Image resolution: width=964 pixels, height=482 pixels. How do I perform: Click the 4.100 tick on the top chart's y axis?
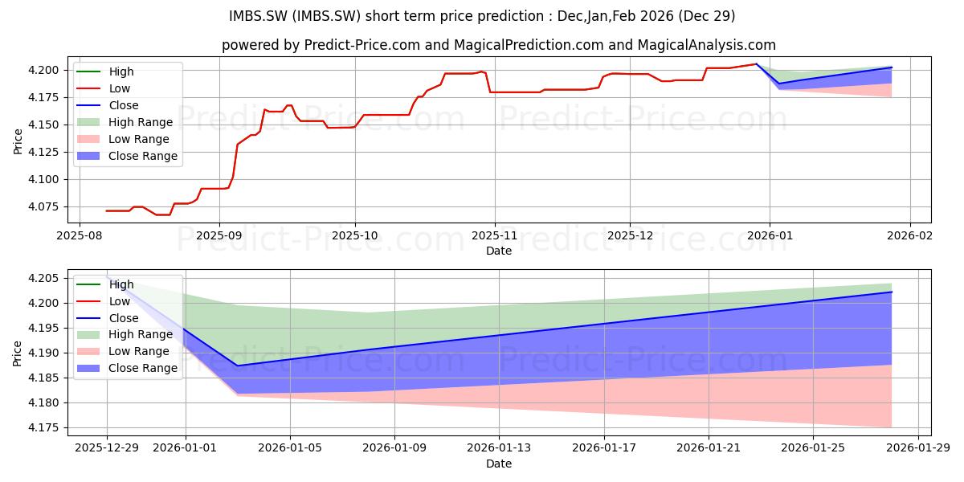[43, 179]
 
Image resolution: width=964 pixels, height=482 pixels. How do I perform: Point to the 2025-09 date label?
[219, 236]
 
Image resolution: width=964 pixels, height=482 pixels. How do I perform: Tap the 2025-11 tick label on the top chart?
[495, 236]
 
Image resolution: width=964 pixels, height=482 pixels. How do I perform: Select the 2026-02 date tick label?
[909, 236]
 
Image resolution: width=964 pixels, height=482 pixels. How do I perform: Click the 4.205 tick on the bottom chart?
[43, 279]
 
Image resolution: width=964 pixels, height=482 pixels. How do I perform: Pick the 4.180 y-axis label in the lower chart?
[43, 403]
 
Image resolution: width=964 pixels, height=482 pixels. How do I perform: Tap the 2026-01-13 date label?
[499, 448]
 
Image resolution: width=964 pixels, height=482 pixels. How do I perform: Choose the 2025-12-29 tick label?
[107, 448]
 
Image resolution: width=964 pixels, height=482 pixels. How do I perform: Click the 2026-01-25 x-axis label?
[813, 448]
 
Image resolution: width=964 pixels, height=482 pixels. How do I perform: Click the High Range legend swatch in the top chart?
[88, 122]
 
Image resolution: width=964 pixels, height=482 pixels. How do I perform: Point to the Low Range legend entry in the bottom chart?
[123, 351]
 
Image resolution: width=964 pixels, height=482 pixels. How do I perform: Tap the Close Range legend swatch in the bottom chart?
[88, 368]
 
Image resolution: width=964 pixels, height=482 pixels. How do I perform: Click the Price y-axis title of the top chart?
[18, 141]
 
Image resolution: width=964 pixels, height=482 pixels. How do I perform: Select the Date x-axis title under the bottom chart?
[499, 464]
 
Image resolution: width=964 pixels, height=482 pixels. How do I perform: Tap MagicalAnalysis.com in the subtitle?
[707, 45]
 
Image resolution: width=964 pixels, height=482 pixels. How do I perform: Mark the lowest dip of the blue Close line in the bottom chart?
[237, 366]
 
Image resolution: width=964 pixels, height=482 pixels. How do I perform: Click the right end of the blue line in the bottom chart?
[892, 292]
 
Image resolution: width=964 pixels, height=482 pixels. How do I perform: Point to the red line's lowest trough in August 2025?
[164, 214]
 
